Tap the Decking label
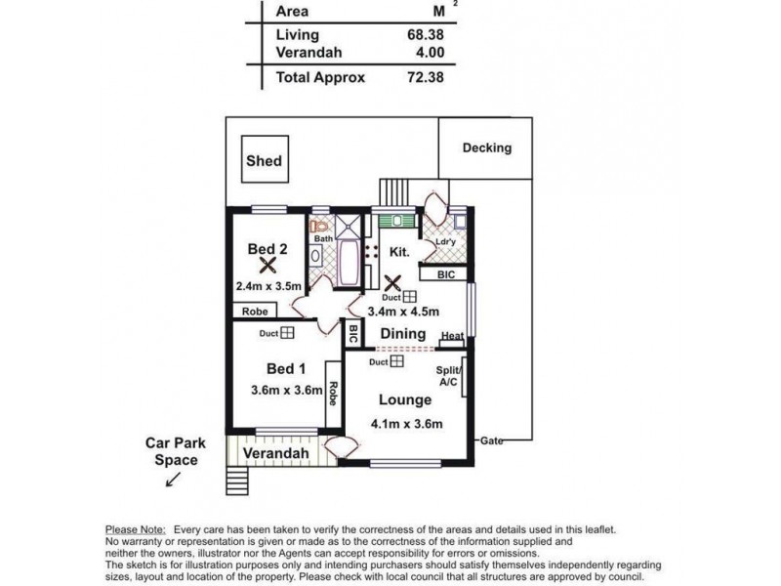click(x=486, y=147)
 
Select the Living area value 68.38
click(x=425, y=34)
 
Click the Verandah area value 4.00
click(x=430, y=53)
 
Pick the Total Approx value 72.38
click(x=425, y=77)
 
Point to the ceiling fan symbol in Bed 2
click(x=267, y=266)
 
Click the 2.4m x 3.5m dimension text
click(x=268, y=286)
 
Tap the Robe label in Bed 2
click(x=255, y=312)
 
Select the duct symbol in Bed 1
click(x=287, y=333)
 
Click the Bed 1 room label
click(x=286, y=369)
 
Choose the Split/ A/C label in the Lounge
click(x=449, y=376)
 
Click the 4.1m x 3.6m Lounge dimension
click(x=406, y=424)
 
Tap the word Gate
click(x=492, y=440)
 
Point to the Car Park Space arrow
click(x=174, y=480)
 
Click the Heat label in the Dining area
click(x=452, y=336)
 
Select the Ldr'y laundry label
click(x=446, y=241)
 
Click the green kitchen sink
click(x=397, y=221)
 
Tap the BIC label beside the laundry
click(x=446, y=274)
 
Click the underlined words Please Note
click(x=136, y=529)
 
